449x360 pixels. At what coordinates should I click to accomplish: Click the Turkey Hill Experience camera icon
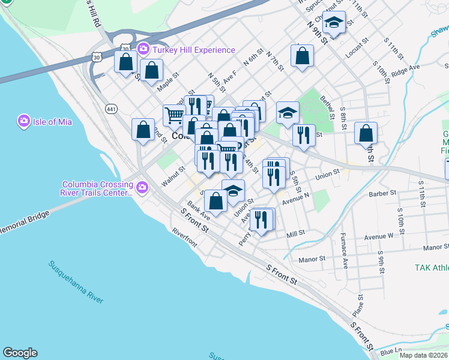click(143, 49)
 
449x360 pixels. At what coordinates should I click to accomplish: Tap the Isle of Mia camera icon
click(24, 122)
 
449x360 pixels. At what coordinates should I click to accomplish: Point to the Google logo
click(20, 353)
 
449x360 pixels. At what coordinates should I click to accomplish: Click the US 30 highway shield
click(97, 57)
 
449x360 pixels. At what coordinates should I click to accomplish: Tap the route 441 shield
click(111, 109)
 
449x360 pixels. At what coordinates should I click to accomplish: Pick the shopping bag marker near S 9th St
click(366, 133)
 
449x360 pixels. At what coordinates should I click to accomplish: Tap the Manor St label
click(312, 259)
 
